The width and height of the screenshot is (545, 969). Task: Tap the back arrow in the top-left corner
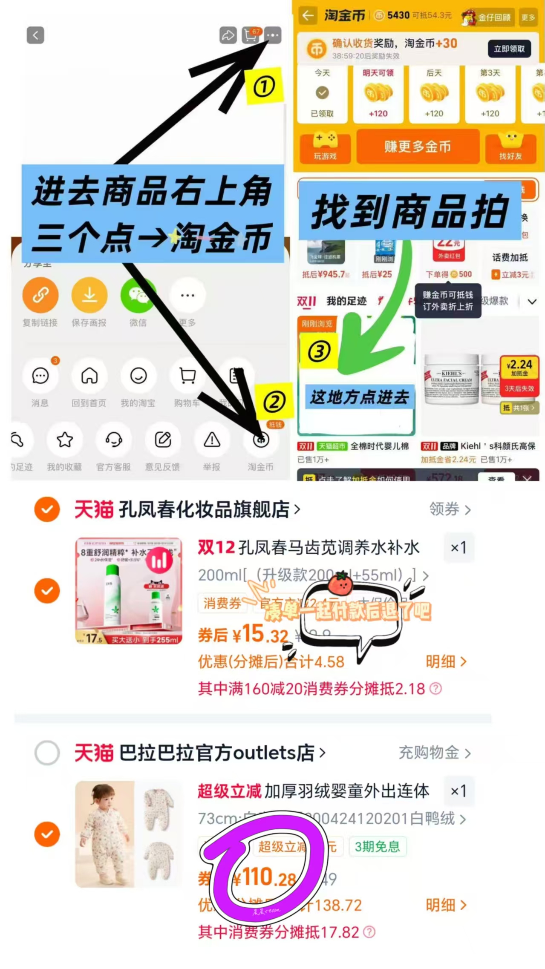(x=35, y=35)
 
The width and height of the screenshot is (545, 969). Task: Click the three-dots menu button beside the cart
(x=273, y=35)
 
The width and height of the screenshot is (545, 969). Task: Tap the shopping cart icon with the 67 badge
(x=251, y=35)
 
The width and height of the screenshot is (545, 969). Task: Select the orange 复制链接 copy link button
(x=40, y=295)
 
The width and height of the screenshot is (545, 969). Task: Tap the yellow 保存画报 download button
(x=89, y=295)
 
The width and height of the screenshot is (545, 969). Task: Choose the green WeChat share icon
(x=138, y=295)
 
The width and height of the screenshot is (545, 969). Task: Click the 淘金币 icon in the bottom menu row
(x=261, y=440)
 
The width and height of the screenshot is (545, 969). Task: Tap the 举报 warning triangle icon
(x=211, y=440)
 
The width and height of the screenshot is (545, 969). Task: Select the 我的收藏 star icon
(x=65, y=440)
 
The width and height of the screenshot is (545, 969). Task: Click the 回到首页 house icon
(x=89, y=376)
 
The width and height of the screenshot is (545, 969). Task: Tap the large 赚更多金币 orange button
(x=418, y=147)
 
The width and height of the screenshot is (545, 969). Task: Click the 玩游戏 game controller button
(x=325, y=147)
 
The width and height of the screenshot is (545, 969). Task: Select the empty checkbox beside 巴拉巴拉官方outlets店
(x=47, y=753)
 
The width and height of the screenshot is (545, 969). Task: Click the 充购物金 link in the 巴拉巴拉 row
(x=434, y=753)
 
